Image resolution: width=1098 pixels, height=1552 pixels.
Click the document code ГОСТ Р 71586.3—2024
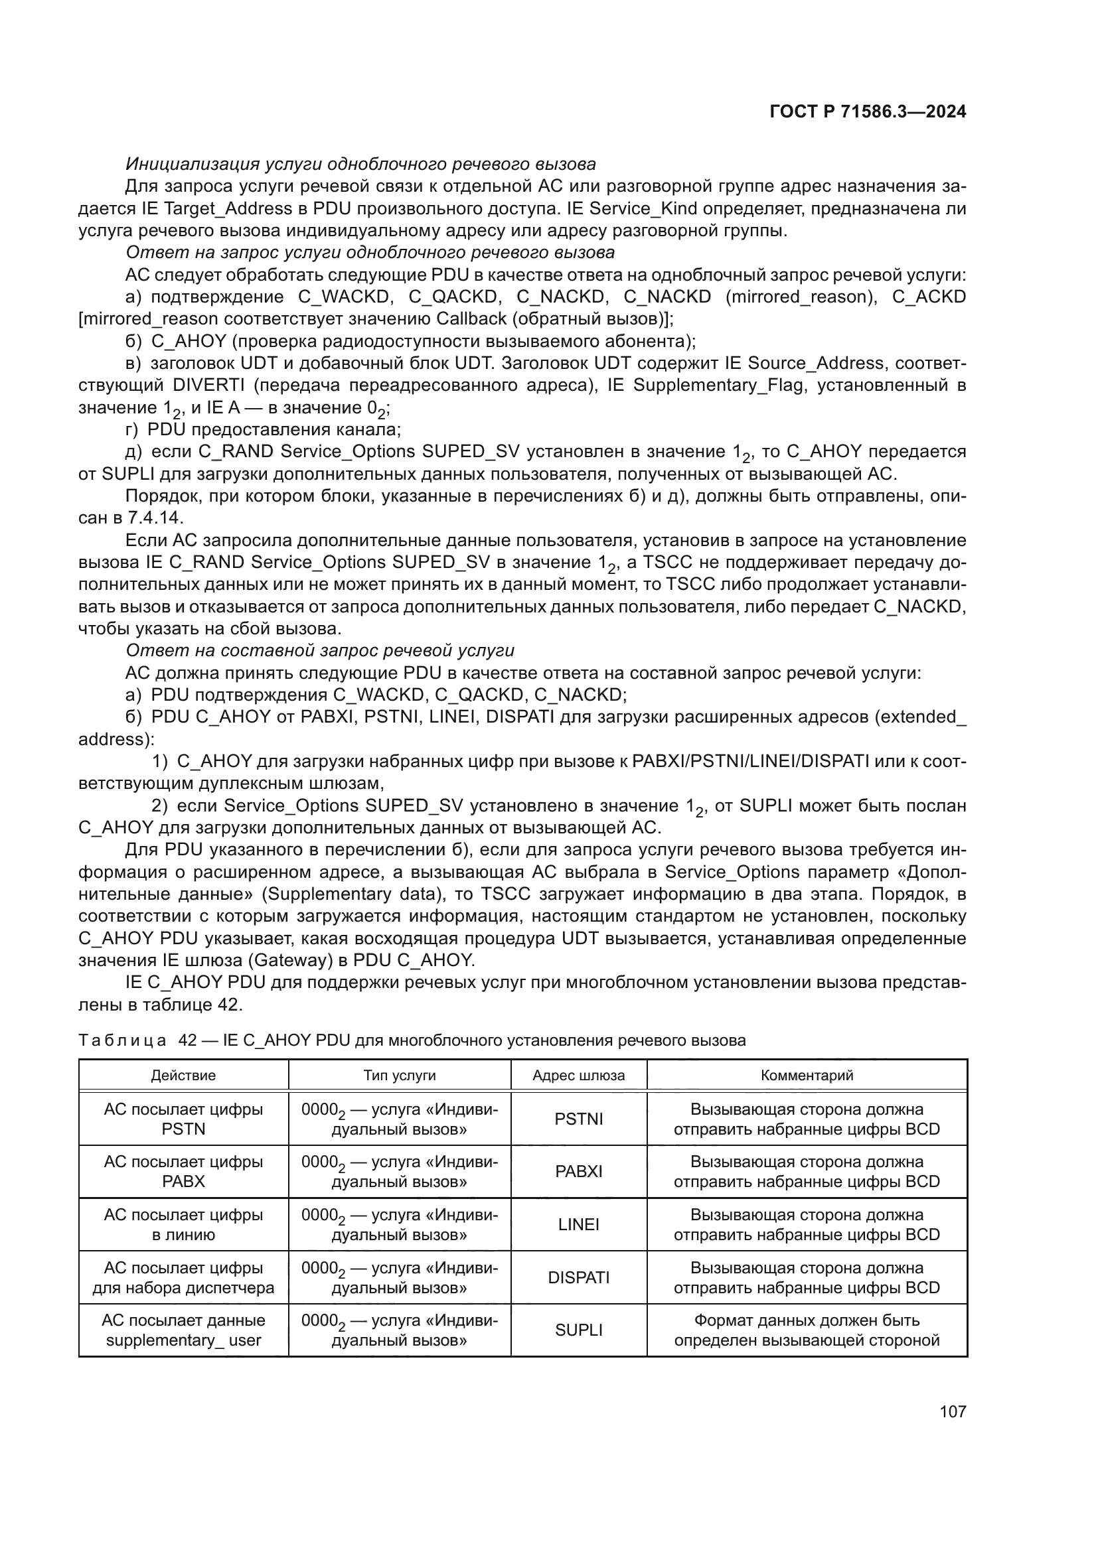point(868,112)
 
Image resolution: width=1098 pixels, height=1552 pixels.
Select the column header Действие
point(183,1076)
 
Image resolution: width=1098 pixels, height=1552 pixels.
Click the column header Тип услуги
point(400,1076)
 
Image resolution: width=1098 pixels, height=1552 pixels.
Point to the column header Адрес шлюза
point(579,1076)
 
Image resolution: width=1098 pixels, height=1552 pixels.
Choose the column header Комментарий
point(807,1076)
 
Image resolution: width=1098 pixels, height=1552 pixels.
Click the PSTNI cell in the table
point(579,1119)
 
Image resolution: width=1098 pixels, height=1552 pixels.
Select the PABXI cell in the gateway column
point(579,1171)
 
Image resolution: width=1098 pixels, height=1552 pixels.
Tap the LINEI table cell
point(579,1225)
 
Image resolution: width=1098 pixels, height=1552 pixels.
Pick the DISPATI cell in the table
point(579,1277)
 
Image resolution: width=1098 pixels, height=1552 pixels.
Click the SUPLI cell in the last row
point(579,1330)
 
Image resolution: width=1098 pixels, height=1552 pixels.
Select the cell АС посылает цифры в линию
point(183,1225)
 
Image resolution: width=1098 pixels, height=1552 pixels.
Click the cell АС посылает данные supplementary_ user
point(183,1330)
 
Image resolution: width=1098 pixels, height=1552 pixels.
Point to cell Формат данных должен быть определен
point(807,1330)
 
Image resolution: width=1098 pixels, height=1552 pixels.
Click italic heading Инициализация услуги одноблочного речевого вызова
point(360,165)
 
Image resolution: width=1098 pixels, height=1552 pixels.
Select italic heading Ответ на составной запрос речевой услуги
point(320,650)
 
